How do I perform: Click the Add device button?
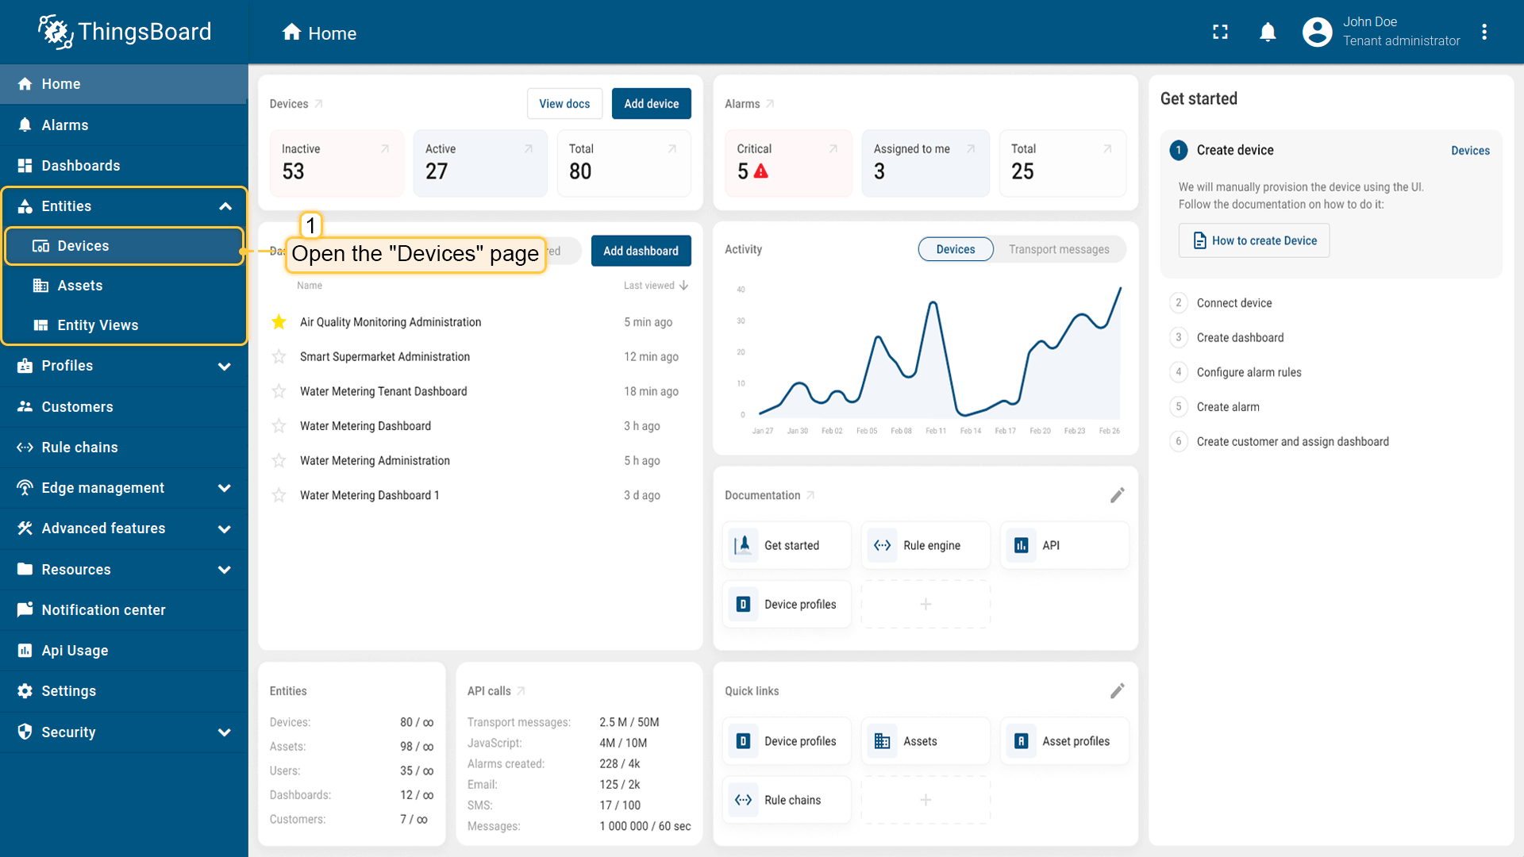651,104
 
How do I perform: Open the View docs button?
564,104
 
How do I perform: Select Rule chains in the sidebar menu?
79,448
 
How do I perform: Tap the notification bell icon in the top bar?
1268,33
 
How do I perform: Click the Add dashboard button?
641,251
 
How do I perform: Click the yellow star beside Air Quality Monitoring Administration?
279,322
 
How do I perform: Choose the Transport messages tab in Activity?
1059,249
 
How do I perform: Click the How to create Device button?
1254,240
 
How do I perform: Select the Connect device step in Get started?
1233,303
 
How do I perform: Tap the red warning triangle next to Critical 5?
760,171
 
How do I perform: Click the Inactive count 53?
293,171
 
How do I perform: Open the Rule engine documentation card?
926,545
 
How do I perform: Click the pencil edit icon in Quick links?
1117,691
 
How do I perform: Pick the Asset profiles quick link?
1064,741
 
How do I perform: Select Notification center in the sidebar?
103,610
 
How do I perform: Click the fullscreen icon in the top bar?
1220,33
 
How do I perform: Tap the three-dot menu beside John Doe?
1484,33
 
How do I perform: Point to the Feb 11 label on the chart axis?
936,431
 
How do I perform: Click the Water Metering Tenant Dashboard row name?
383,391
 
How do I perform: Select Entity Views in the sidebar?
98,325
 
